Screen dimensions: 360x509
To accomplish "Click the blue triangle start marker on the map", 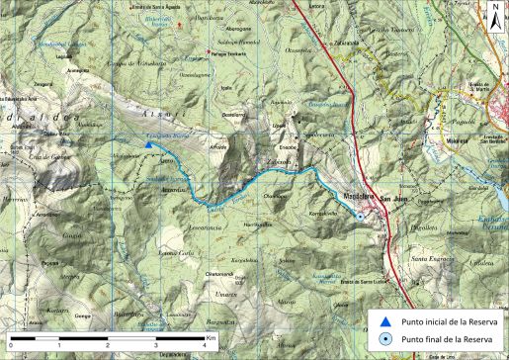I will coord(148,145).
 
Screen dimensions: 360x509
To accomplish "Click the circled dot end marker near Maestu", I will coord(361,218).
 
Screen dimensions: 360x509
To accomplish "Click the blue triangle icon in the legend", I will coord(385,320).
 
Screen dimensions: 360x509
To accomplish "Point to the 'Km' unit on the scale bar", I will coord(211,338).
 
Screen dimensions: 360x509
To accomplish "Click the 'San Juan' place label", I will coord(394,198).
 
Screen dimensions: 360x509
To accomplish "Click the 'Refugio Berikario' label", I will coord(228,55).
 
